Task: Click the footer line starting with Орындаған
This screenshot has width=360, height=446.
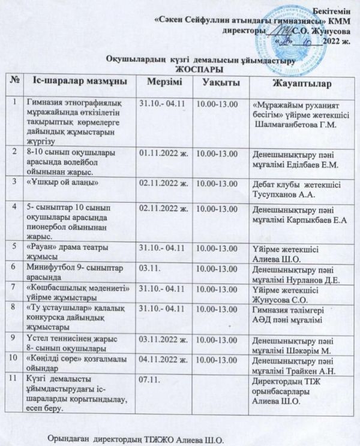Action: click(x=135, y=439)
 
